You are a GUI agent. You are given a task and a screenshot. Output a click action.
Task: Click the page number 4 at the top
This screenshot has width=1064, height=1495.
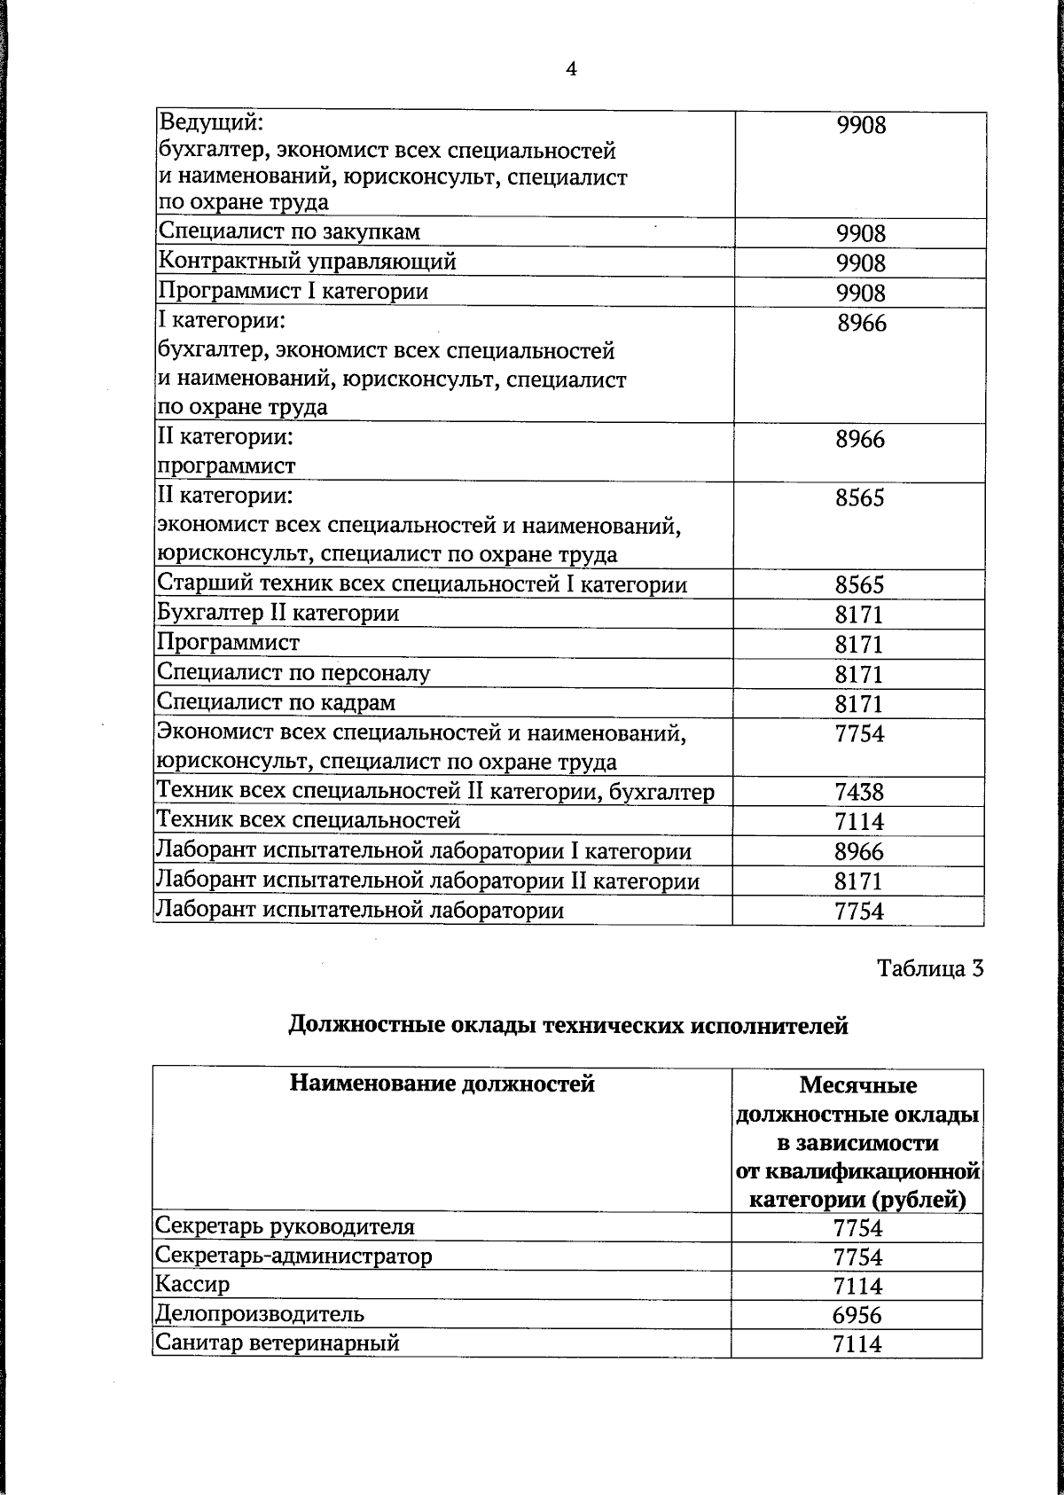coord(571,69)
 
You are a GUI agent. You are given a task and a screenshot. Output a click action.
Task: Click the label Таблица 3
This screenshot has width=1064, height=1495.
coord(930,967)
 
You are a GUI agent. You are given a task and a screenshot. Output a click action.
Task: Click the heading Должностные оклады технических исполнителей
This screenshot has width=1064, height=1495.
coord(568,1026)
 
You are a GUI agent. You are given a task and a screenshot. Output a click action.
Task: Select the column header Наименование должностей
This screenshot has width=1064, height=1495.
coord(442,1083)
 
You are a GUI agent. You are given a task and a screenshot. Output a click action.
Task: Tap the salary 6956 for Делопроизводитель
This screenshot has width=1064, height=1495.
coord(857,1315)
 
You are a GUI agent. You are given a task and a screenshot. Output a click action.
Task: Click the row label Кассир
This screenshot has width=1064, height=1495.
coord(192,1284)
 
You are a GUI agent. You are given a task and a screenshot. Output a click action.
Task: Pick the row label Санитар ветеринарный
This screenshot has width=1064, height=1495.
coord(277,1342)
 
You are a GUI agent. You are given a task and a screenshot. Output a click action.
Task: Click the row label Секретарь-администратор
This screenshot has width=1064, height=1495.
coord(293,1256)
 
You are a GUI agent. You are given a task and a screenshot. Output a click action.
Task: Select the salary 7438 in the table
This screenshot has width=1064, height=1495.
coord(859,792)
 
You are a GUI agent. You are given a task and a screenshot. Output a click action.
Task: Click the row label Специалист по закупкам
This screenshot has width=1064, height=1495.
coord(289,232)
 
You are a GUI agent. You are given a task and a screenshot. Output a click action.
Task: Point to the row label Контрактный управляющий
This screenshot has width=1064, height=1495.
coord(307,262)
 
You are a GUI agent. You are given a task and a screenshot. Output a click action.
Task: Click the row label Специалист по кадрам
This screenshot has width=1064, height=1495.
coord(276,702)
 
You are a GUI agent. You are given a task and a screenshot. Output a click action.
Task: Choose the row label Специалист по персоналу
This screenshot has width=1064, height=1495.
coord(293,673)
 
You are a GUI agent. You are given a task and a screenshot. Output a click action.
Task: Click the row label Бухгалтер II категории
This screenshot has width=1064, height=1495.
coord(278,614)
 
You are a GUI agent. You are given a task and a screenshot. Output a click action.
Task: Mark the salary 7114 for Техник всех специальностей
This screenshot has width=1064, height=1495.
coord(859,822)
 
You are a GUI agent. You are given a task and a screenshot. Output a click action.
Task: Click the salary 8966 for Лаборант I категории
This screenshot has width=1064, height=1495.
coord(859,852)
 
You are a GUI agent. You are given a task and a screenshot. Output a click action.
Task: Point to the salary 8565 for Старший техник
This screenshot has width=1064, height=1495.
coord(859,585)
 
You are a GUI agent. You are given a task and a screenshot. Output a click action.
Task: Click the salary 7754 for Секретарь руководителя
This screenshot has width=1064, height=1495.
coord(857,1228)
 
